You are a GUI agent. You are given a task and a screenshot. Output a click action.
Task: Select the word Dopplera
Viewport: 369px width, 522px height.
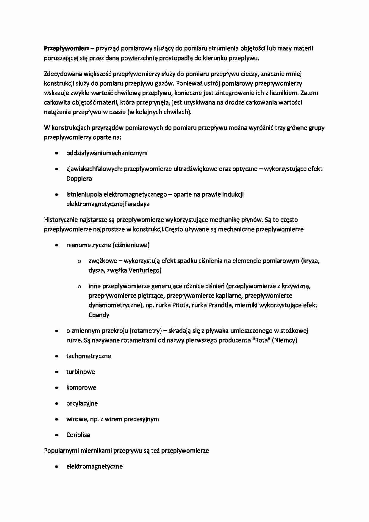point(79,179)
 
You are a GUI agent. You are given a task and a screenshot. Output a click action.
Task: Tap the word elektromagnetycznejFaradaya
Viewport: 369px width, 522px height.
point(108,204)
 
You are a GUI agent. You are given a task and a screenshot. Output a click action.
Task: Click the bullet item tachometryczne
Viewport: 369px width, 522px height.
point(88,356)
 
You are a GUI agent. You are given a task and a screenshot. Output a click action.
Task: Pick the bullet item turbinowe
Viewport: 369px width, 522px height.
point(80,372)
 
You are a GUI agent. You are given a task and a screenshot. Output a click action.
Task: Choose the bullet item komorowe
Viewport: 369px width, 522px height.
point(81,387)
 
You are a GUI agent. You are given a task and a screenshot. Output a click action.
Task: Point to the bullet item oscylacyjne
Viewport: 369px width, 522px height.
point(82,403)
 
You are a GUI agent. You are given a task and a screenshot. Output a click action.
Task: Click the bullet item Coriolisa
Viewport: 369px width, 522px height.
point(78,435)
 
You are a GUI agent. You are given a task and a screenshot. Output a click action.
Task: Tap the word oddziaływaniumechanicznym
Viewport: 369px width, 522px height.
point(107,153)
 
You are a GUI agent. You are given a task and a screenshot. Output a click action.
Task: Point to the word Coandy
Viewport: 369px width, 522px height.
point(99,315)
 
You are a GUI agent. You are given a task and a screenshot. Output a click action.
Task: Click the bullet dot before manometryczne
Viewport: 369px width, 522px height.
point(57,246)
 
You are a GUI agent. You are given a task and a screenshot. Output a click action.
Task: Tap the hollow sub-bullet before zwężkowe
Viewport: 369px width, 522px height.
point(79,261)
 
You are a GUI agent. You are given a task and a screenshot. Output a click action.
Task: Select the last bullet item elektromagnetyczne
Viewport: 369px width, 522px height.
point(94,466)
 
